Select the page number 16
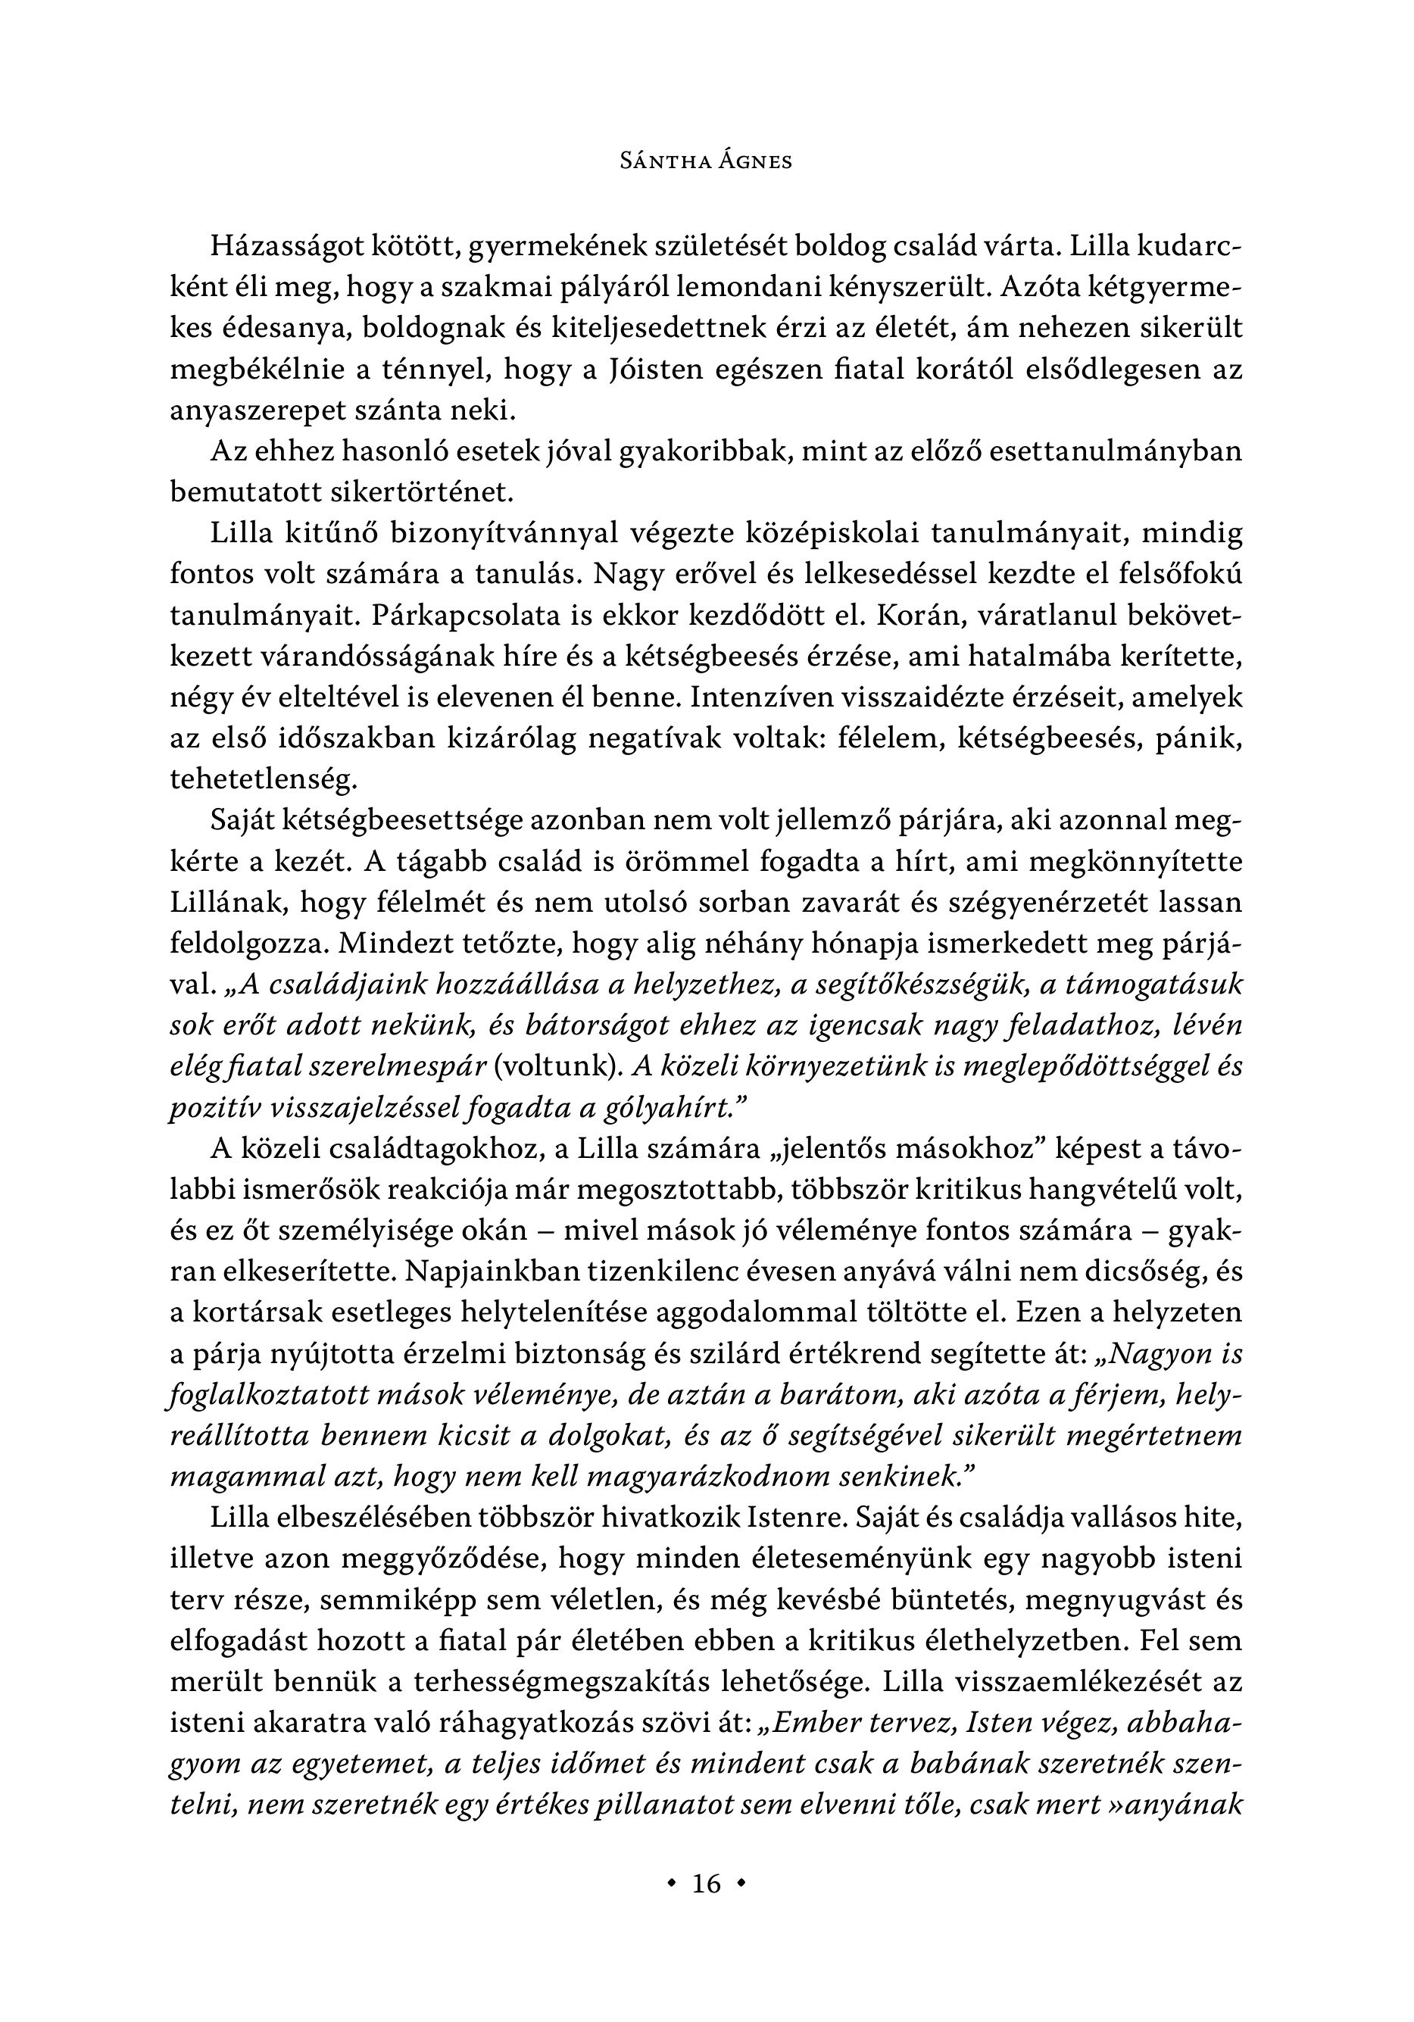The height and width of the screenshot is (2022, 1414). (x=707, y=1883)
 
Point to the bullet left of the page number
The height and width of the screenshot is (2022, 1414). (x=673, y=1883)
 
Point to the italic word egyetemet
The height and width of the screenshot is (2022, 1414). (x=366, y=1763)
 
